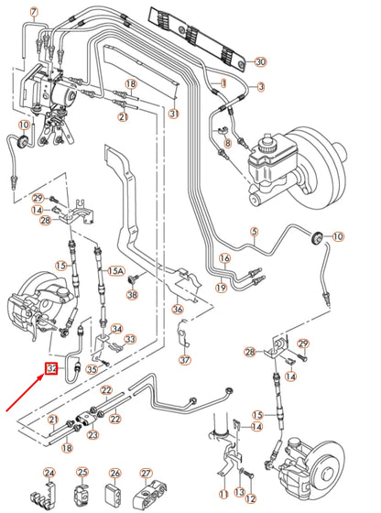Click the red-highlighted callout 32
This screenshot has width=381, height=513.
coord(52,369)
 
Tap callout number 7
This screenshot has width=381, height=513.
coord(34,12)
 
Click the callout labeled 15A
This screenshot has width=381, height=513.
coord(115,271)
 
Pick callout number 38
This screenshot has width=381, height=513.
coord(132,294)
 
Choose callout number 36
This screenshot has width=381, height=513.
coord(178,309)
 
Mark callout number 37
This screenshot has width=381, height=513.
coord(186,360)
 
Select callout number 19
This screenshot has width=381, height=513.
coord(221,287)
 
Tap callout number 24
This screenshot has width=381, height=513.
coord(49,473)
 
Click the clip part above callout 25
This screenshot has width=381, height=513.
coord(82,496)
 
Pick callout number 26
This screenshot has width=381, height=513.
coord(115,473)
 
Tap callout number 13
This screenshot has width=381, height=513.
coord(240,496)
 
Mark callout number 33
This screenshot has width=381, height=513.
coord(130,339)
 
